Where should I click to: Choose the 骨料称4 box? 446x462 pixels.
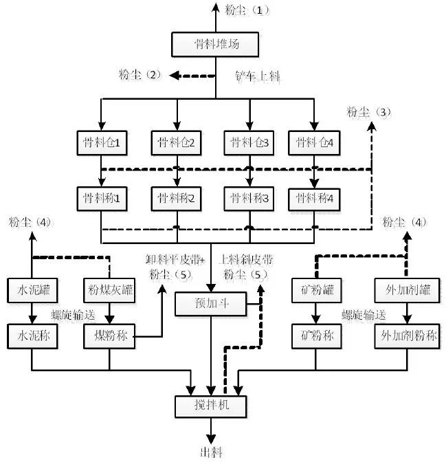point(314,199)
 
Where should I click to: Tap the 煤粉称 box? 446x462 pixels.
point(110,336)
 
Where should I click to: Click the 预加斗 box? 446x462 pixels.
point(209,303)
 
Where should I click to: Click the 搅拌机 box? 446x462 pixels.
point(210,406)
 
